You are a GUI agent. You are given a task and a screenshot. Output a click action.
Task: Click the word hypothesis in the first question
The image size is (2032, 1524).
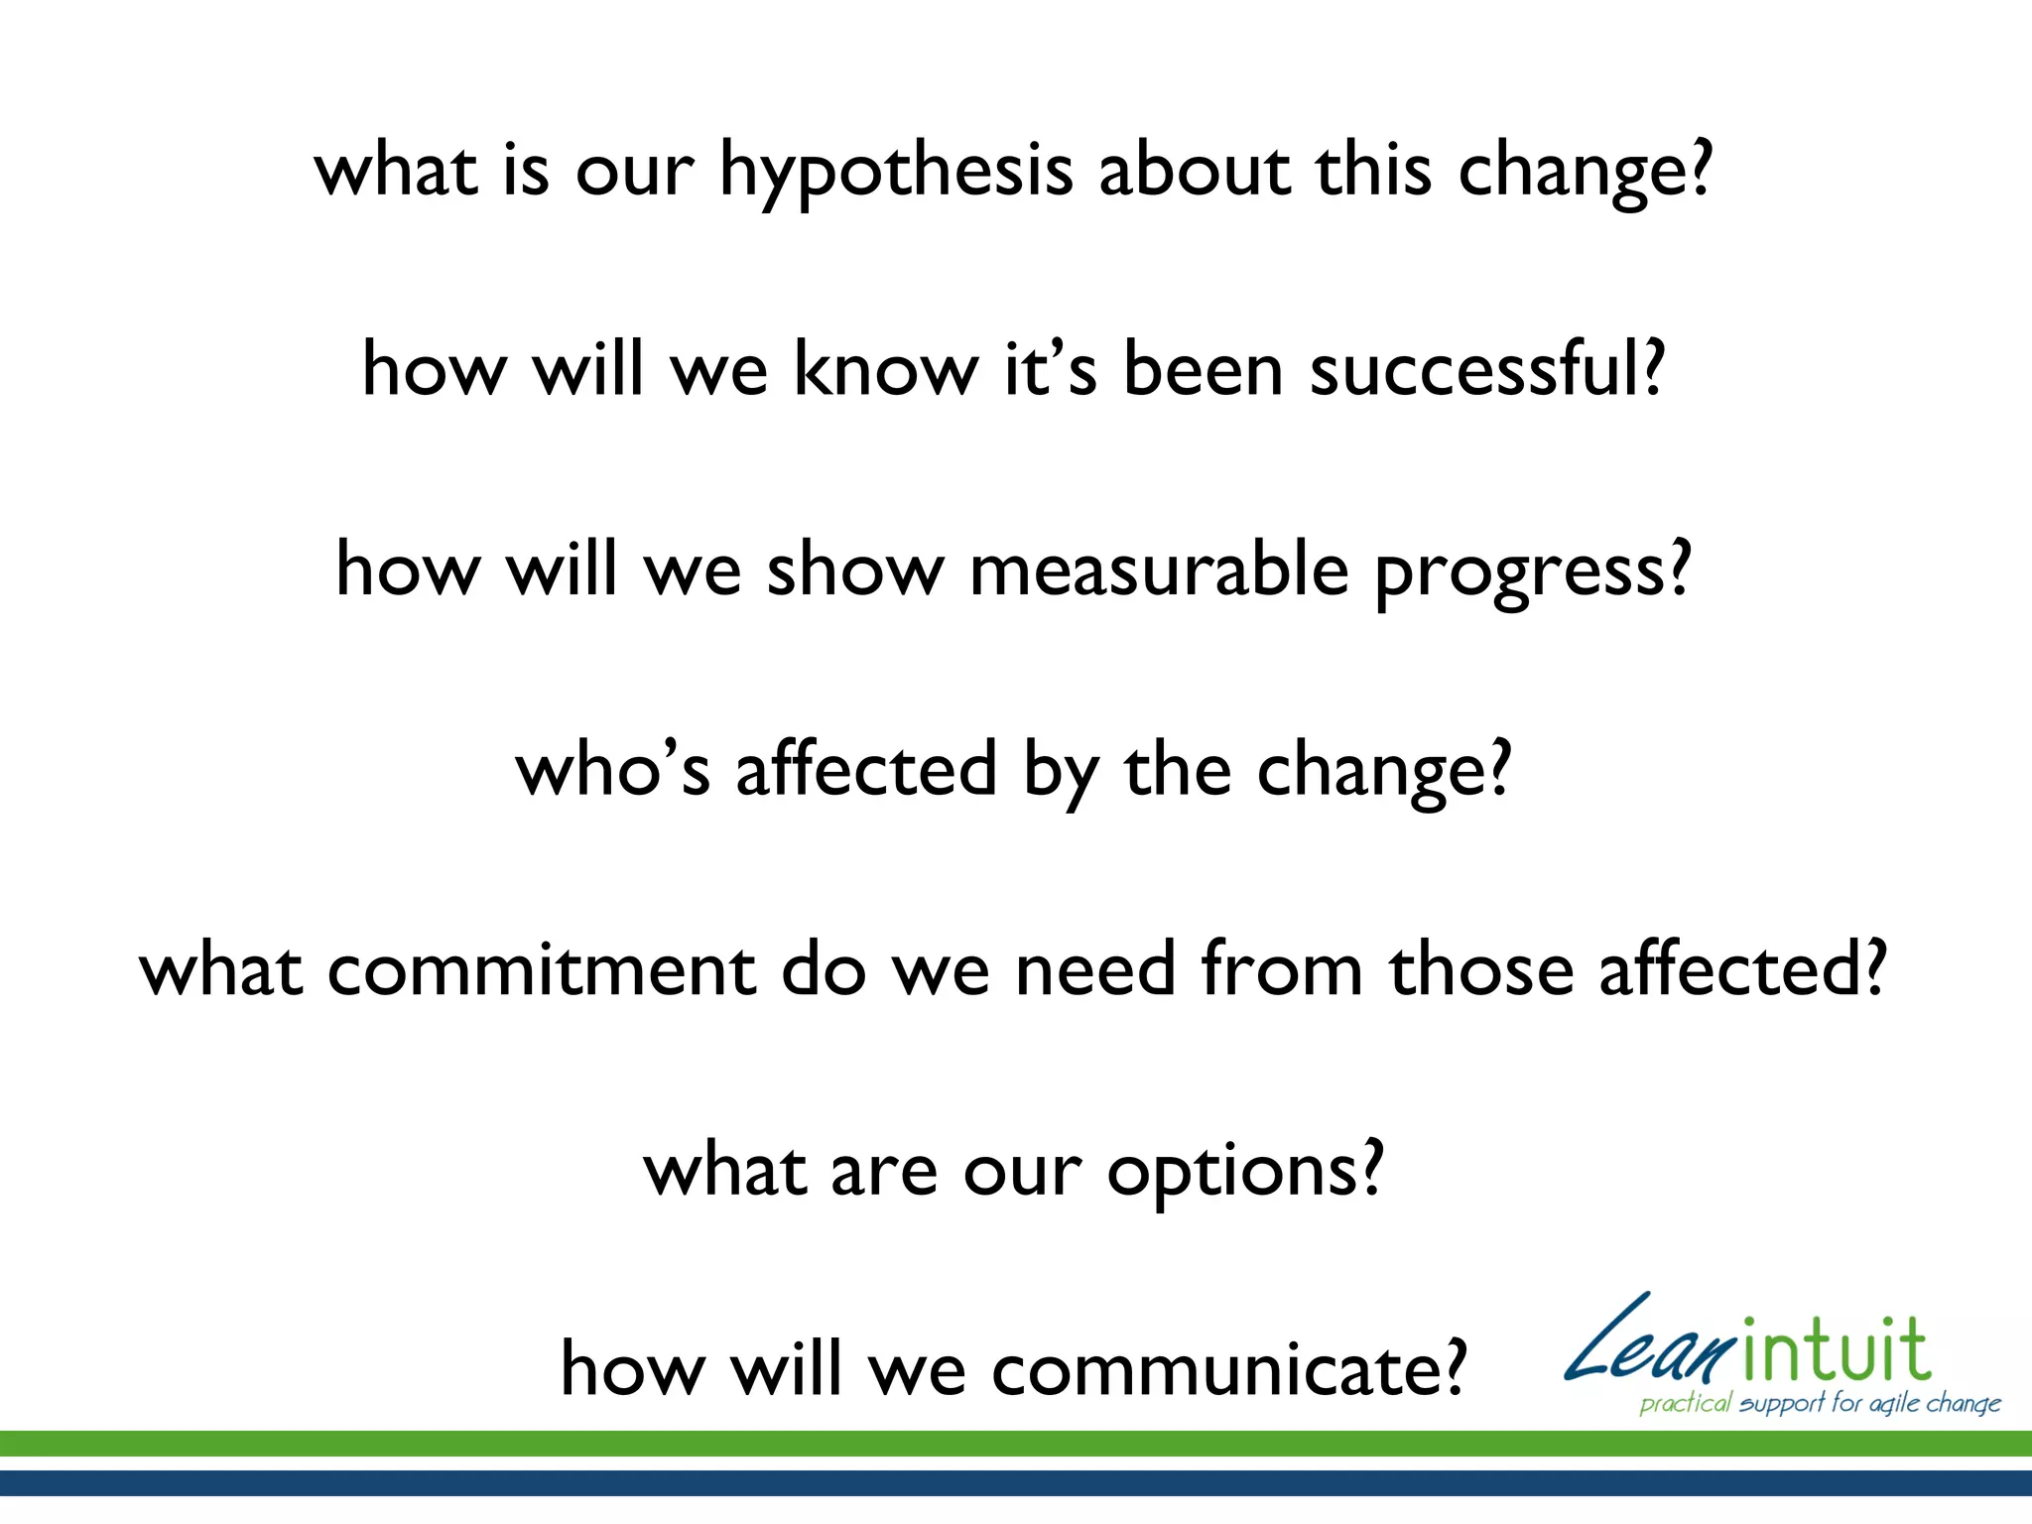point(895,171)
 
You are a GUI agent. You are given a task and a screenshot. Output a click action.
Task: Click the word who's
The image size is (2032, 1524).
point(612,769)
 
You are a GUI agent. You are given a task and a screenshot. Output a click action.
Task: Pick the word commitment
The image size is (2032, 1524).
point(541,969)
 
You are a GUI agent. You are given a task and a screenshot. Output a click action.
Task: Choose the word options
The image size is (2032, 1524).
point(1231,1172)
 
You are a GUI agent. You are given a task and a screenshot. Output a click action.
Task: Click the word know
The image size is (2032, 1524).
point(885,369)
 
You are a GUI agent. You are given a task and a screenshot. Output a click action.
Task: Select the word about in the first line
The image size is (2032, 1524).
point(1195,171)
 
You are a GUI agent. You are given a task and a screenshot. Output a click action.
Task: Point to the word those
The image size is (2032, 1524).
point(1480,969)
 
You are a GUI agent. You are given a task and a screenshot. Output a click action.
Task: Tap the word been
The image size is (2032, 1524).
point(1204,369)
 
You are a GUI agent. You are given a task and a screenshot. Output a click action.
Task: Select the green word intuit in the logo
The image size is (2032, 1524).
point(1836,1351)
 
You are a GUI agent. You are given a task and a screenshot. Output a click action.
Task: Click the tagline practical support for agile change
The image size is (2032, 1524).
point(1820,1403)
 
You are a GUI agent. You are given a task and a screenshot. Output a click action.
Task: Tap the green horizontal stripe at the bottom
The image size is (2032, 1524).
point(1016,1444)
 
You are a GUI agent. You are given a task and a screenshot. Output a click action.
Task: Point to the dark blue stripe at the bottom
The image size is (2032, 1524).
point(1016,1482)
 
